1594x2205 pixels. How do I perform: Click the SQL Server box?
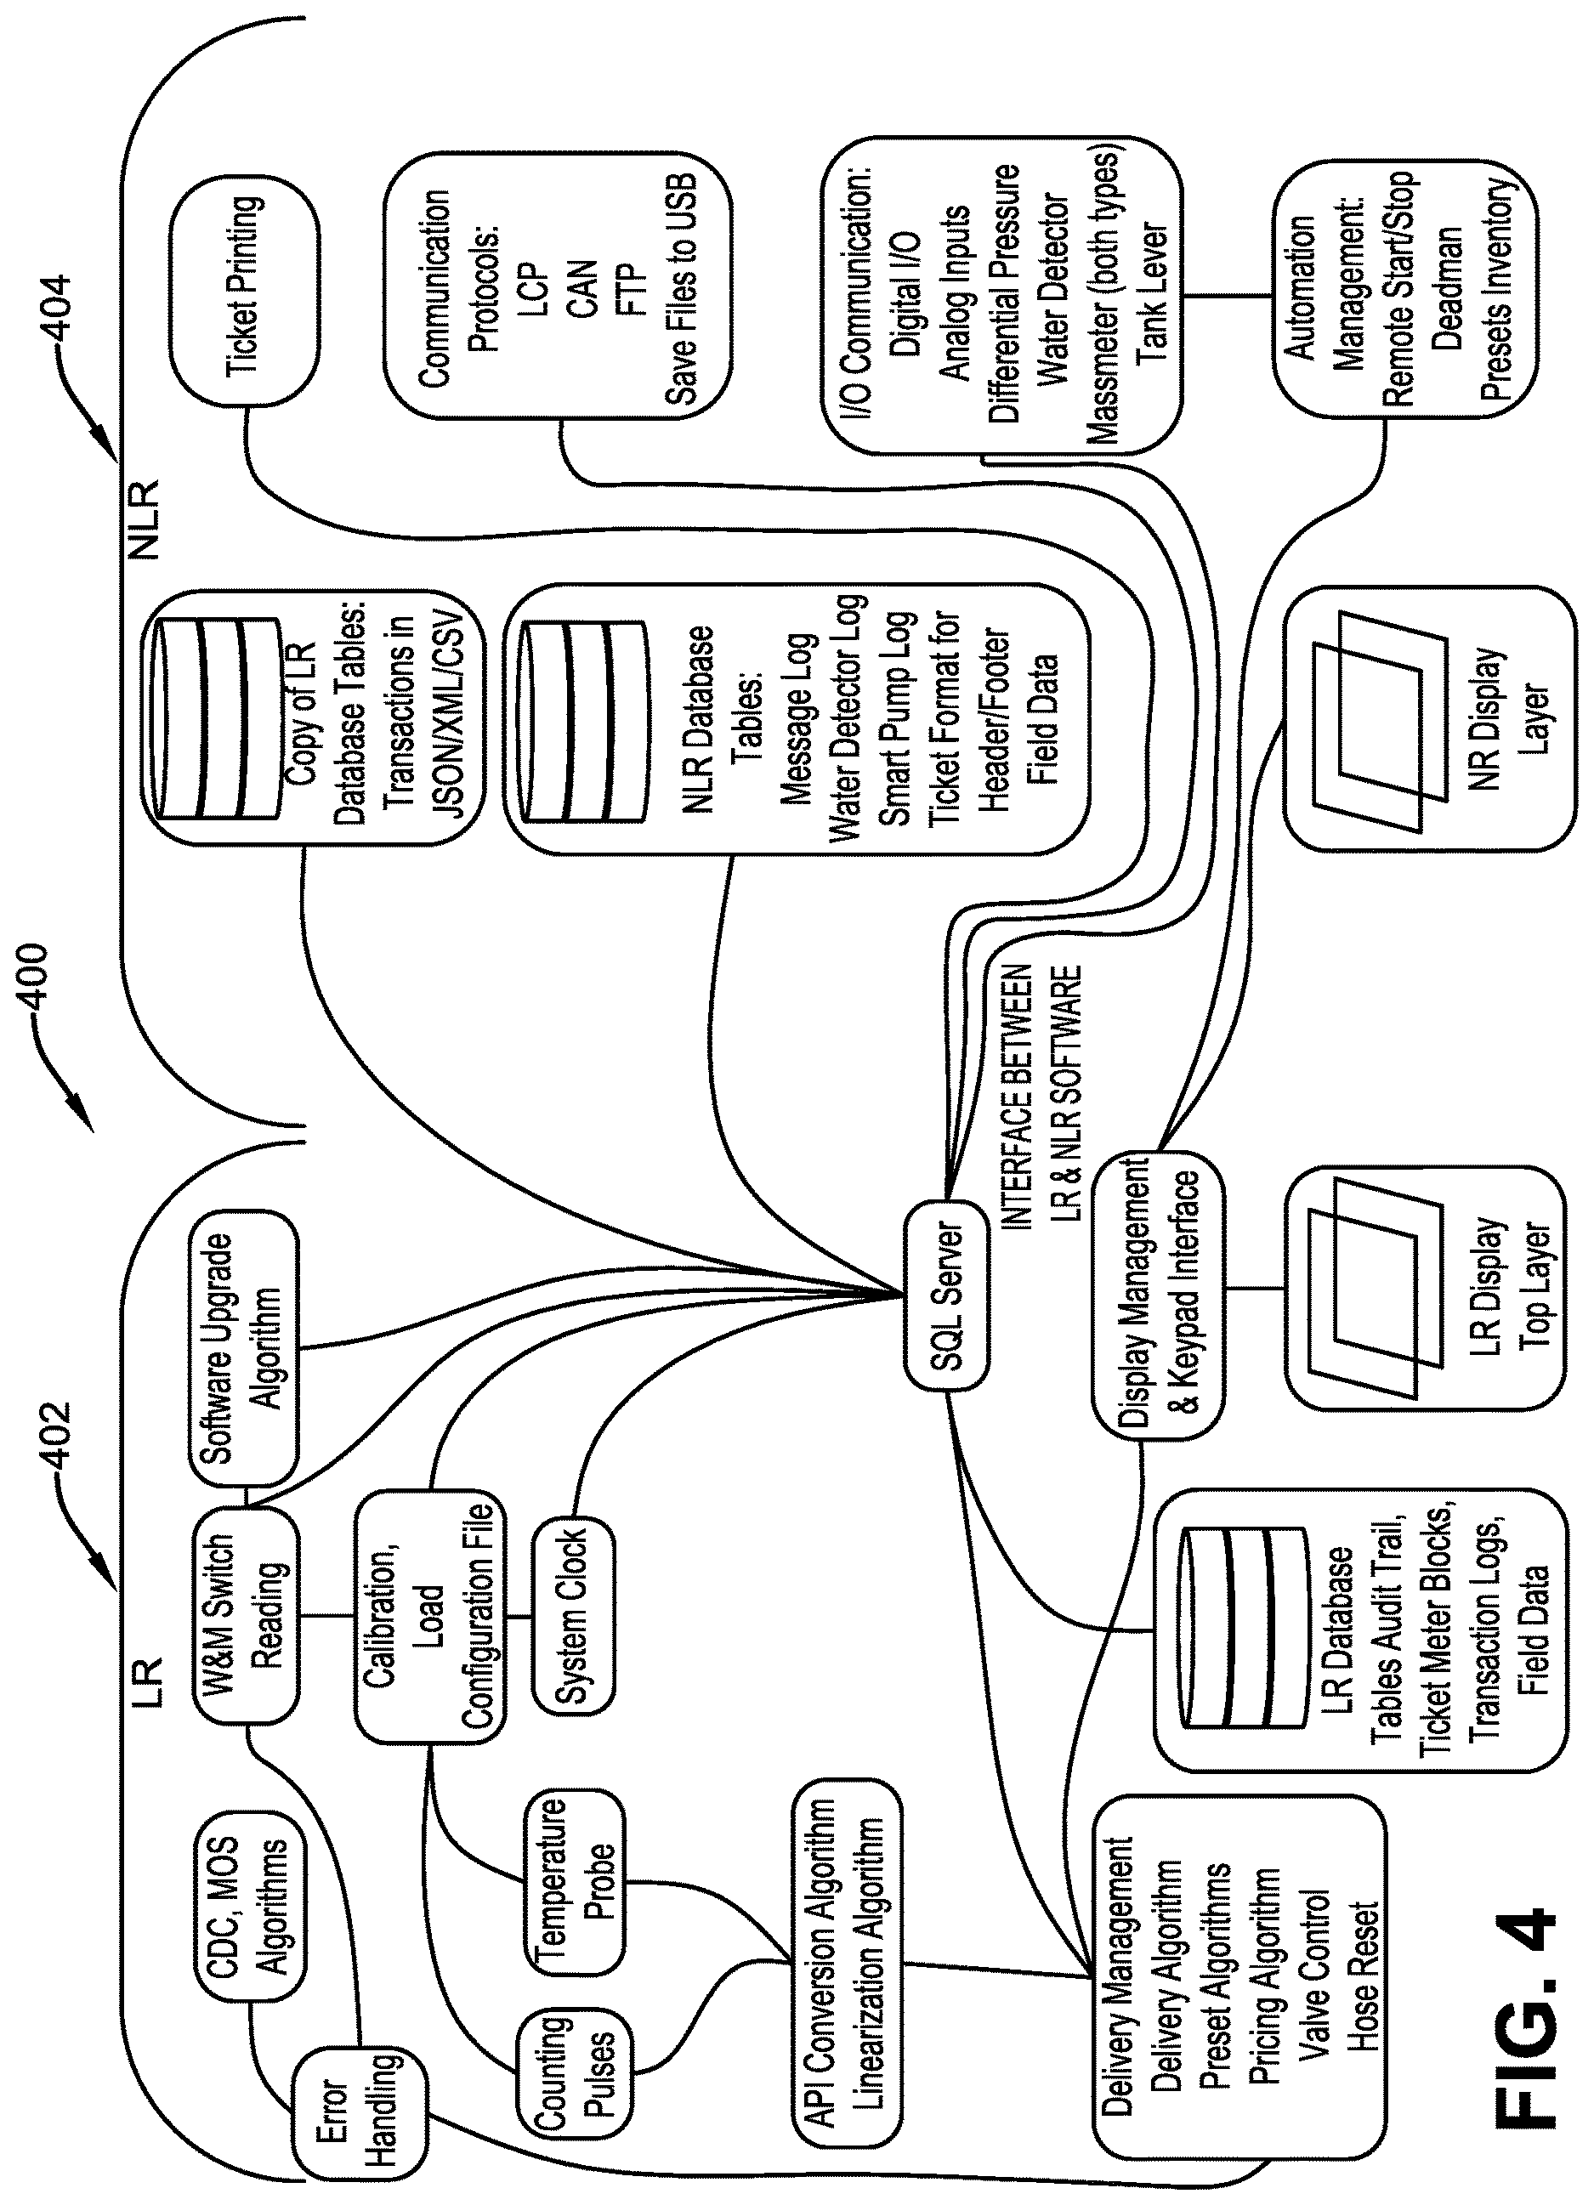[946, 1295]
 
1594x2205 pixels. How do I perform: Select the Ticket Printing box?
[244, 291]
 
